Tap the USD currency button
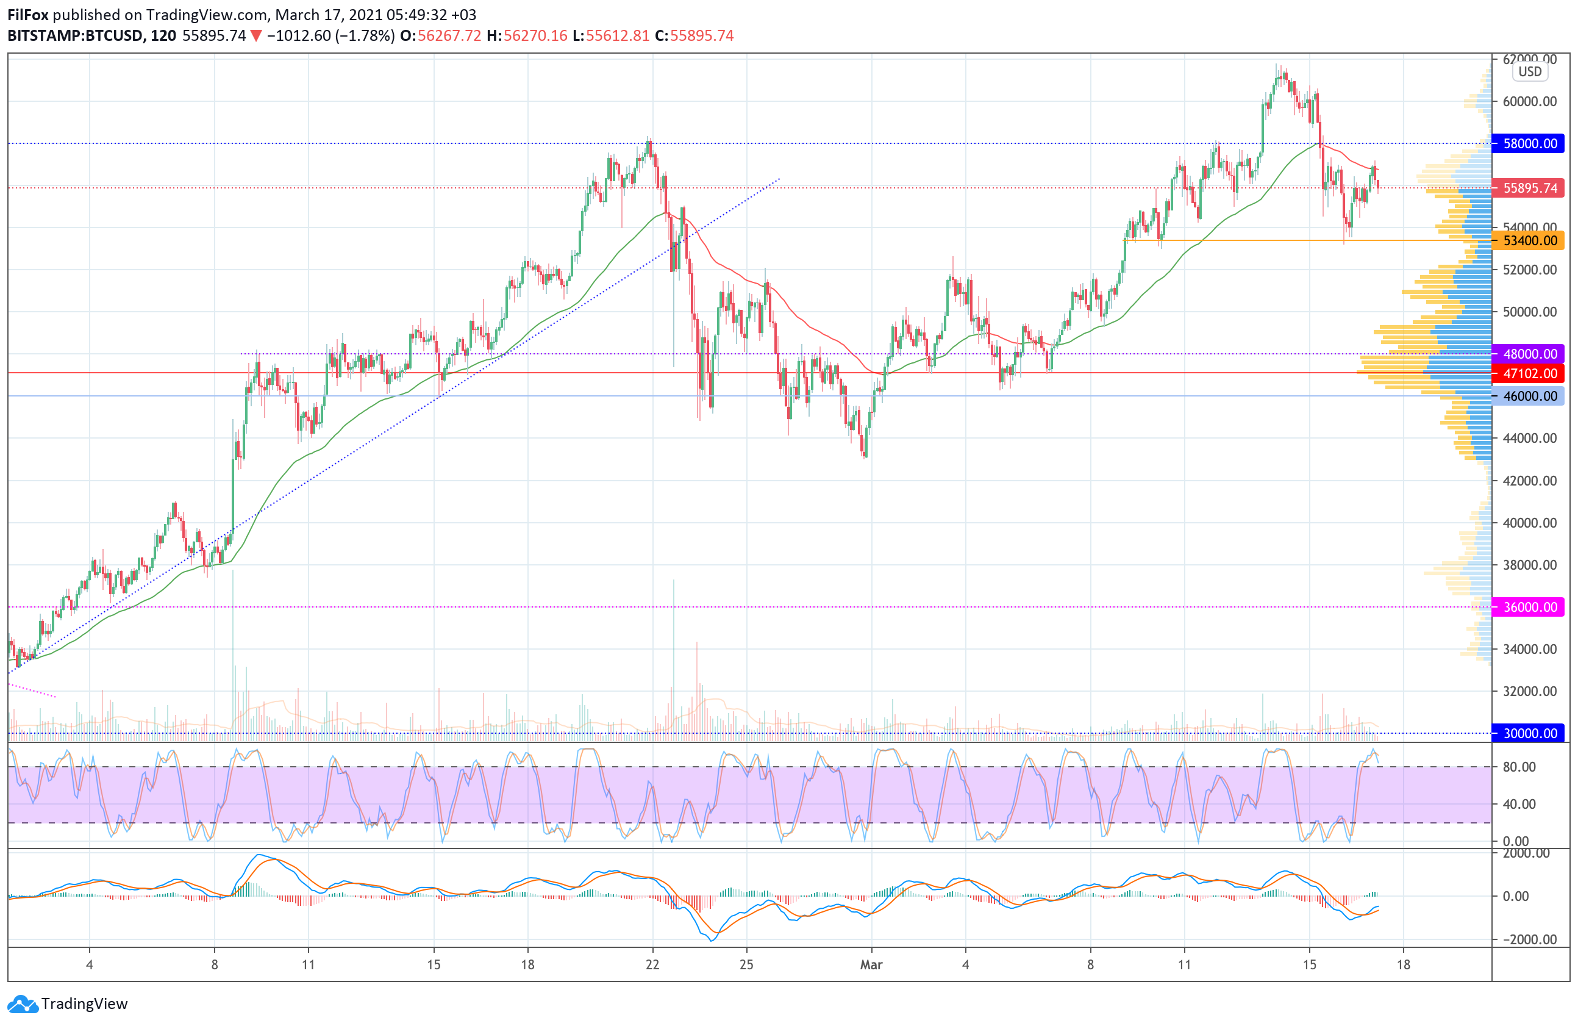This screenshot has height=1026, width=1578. [x=1530, y=71]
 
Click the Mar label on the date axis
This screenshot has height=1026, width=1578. [x=871, y=965]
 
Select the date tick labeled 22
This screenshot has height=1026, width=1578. [x=652, y=965]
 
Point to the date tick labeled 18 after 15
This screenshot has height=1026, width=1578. [x=1404, y=965]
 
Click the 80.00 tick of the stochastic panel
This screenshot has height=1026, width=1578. [x=1519, y=767]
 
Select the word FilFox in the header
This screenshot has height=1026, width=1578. [x=28, y=15]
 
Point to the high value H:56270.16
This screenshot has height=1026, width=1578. [x=527, y=36]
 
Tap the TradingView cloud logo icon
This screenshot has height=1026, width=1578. [x=23, y=1004]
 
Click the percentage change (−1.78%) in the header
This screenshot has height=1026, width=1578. [x=365, y=36]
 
